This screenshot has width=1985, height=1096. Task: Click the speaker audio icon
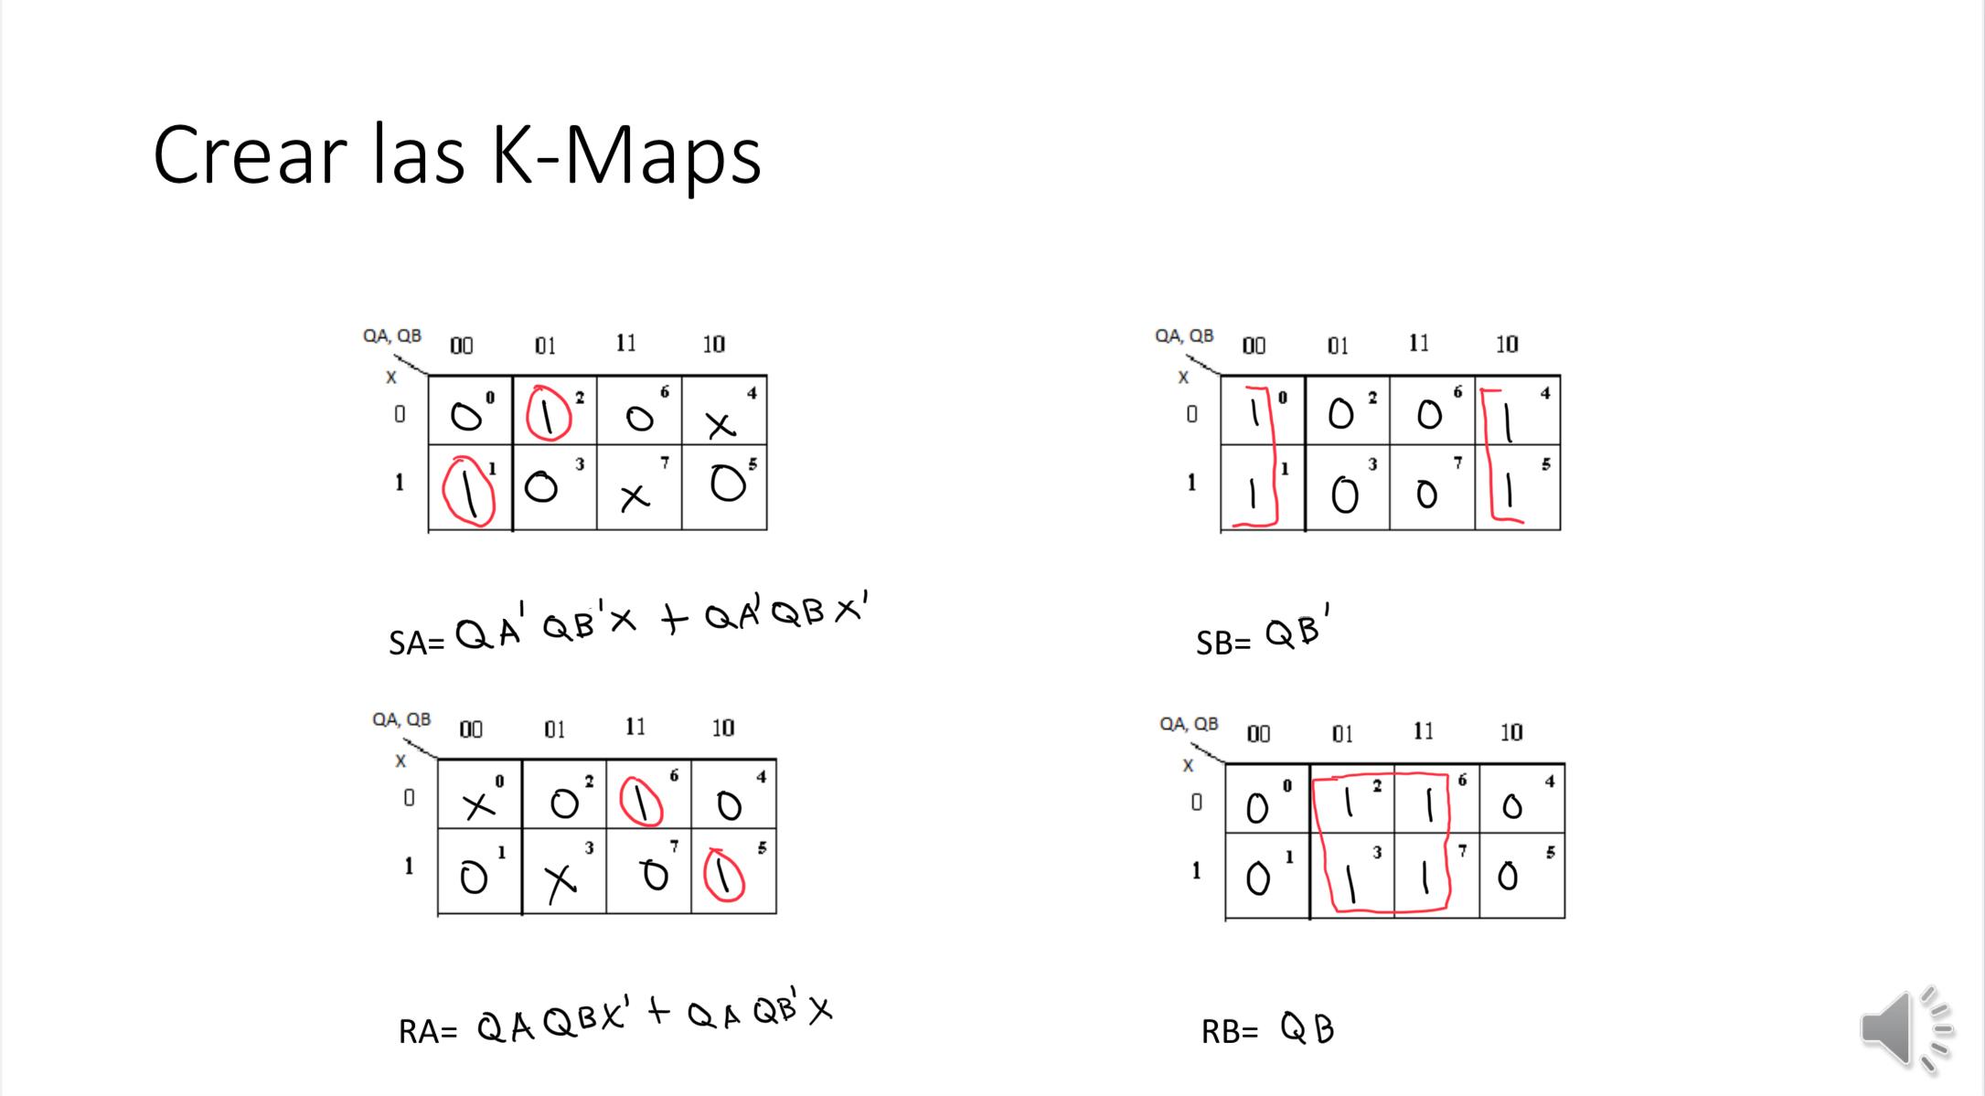(x=1905, y=1029)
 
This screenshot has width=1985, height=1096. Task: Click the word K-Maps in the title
(x=625, y=155)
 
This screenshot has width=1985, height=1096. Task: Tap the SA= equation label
(x=416, y=643)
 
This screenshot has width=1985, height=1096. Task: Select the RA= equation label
(x=427, y=1031)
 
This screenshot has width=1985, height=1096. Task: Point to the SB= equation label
(x=1223, y=643)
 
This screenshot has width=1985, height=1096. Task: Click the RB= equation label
(x=1230, y=1031)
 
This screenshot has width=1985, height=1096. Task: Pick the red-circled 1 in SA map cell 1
(x=468, y=492)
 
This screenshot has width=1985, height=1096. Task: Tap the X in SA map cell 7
(x=634, y=496)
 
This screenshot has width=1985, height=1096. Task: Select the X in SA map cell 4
(x=720, y=424)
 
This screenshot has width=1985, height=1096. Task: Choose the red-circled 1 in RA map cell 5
(x=724, y=876)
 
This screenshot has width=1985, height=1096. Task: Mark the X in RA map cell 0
(x=476, y=804)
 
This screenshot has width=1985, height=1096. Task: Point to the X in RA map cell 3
(x=560, y=881)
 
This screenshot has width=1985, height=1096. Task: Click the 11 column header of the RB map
(x=1423, y=731)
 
